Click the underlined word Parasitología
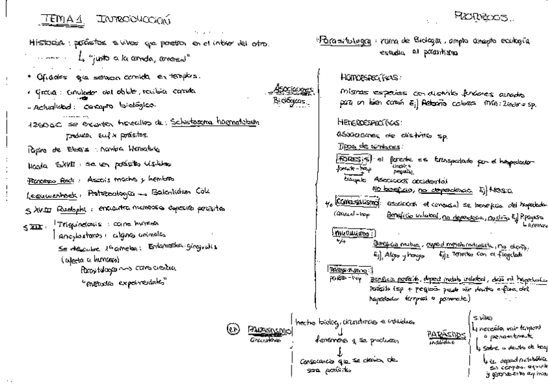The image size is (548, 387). point(342,39)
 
